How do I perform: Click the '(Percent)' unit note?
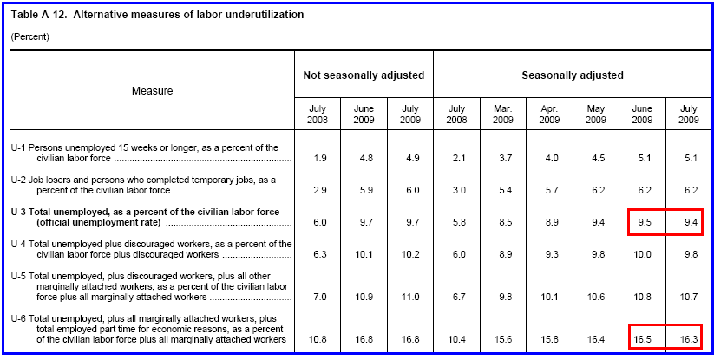click(29, 36)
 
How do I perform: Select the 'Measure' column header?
click(152, 90)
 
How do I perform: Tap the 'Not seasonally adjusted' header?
click(364, 75)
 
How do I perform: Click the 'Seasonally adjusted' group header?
click(573, 75)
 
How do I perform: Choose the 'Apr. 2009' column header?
click(548, 114)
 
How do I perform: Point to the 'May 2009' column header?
click(595, 114)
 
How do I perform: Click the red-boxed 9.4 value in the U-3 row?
click(689, 222)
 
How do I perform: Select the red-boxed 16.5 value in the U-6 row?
click(642, 338)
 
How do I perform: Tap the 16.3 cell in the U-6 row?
click(689, 338)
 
